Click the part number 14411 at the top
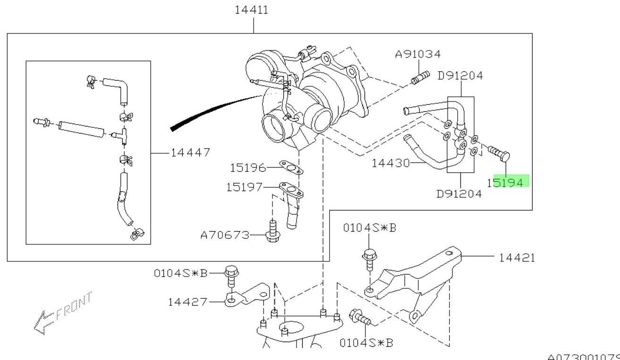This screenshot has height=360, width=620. click(252, 10)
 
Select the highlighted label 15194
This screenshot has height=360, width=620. click(509, 182)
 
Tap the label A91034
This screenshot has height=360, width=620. click(418, 55)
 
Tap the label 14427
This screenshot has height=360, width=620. click(187, 302)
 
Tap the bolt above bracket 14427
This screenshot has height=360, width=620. click(231, 276)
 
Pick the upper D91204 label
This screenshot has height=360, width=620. click(460, 76)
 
